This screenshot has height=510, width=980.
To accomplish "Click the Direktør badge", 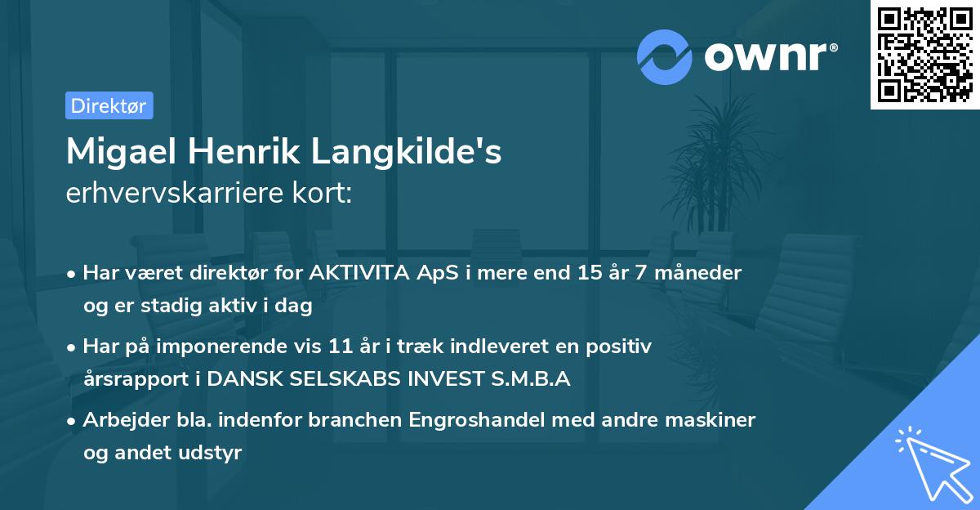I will [x=109, y=105].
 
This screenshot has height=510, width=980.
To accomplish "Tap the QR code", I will [x=924, y=54].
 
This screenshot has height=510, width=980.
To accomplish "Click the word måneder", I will [x=702, y=273].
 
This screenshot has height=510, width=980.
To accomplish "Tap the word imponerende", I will [x=253, y=347].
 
